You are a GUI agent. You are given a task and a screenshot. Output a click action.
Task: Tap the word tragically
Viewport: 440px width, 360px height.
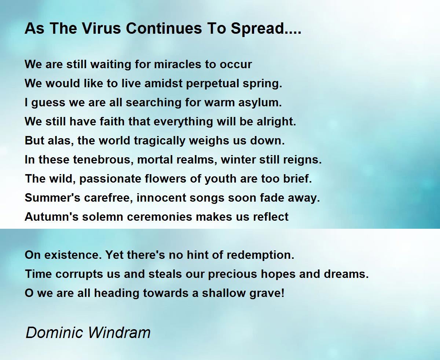(x=159, y=141)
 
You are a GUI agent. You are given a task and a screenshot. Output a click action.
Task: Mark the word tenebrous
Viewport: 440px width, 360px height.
(x=103, y=160)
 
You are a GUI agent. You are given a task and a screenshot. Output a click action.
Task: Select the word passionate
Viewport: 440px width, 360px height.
(x=110, y=179)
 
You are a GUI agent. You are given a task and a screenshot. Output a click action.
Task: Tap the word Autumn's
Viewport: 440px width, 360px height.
(x=52, y=217)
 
